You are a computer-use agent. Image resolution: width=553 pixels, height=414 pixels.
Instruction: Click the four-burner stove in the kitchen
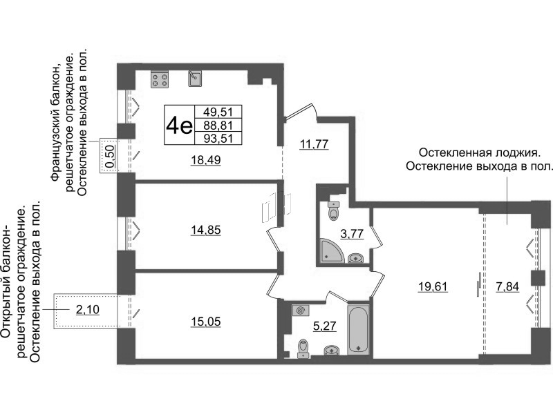pos(160,79)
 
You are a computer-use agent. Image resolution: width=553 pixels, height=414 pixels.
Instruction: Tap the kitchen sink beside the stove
pos(195,79)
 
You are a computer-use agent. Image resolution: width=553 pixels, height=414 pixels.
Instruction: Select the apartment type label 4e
pos(180,125)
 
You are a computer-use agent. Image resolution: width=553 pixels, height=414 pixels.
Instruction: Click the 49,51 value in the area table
pos(218,112)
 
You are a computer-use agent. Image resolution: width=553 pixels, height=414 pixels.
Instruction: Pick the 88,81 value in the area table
pos(218,125)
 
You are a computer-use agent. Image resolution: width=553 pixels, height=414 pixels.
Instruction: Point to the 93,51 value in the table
pos(218,138)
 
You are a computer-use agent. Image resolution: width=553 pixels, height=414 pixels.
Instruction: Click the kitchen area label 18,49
pos(206,160)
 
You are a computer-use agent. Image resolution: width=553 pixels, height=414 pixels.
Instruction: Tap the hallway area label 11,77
pos(314,144)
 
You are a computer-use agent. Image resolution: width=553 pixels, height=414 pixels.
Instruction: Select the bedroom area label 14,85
pos(206,230)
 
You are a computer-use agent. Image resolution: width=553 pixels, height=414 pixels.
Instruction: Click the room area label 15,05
pos(206,322)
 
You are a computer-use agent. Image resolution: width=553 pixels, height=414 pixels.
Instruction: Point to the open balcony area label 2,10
pos(88,309)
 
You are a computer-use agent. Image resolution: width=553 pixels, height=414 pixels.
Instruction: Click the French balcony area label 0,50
pos(111,157)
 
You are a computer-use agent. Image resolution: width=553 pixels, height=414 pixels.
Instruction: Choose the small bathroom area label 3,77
pos(352,233)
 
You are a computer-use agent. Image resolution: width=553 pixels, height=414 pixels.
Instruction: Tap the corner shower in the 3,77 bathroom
pos(330,250)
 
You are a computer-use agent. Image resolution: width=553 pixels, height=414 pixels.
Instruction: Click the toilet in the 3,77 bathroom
pos(333,210)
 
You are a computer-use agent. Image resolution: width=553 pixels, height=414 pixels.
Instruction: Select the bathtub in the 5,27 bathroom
pos(358,330)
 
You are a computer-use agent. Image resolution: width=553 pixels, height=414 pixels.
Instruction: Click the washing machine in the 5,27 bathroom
pos(301,311)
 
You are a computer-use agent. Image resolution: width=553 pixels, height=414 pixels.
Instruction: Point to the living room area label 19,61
pos(433,286)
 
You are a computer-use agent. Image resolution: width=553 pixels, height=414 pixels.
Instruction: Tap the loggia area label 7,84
pos(507,286)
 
